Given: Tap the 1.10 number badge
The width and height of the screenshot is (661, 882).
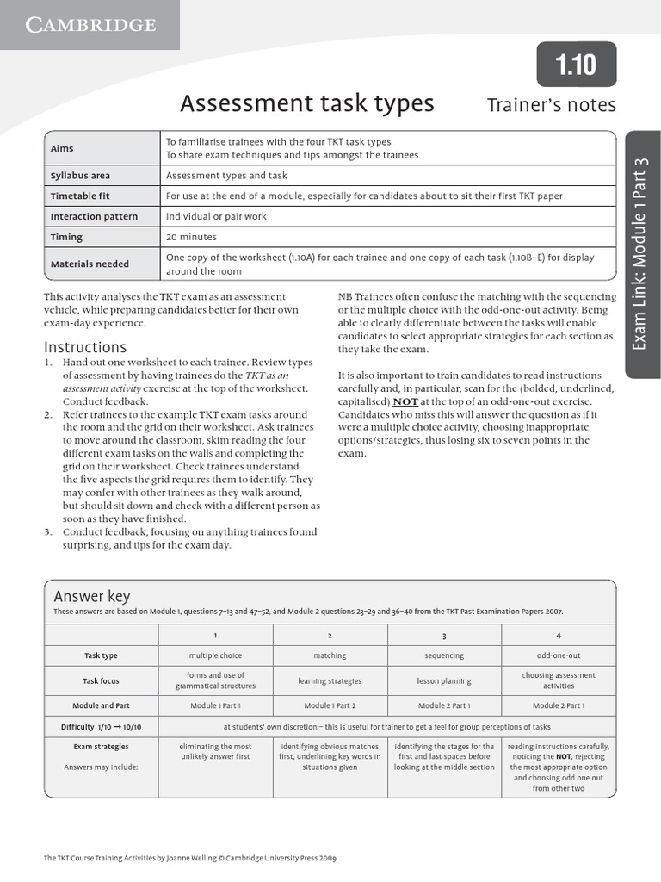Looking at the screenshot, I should point(576,65).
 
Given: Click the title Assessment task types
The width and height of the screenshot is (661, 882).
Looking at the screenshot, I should point(307,104).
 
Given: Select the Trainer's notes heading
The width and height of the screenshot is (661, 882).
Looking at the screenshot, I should point(552,105).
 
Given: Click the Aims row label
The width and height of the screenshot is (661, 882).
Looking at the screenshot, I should point(62,148).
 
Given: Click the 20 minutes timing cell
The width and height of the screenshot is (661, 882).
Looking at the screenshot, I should point(191,237).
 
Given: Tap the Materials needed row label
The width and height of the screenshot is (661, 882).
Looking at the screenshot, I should point(90,264).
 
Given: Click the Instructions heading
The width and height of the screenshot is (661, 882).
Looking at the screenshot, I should point(85,347).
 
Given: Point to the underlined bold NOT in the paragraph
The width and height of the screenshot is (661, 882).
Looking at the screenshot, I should point(405,401).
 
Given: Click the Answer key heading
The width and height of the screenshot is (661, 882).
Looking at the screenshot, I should point(92,597).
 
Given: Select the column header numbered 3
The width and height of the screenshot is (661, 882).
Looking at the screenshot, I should point(444,635).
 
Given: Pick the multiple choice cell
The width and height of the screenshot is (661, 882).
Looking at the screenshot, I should point(215,655).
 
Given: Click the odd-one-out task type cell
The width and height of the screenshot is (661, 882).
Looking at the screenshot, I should point(558,655).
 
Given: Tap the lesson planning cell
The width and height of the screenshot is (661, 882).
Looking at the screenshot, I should point(444,680).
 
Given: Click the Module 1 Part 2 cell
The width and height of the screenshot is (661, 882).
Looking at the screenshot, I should point(330,705).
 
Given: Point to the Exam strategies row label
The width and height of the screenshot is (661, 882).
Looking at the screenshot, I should point(101,747).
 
